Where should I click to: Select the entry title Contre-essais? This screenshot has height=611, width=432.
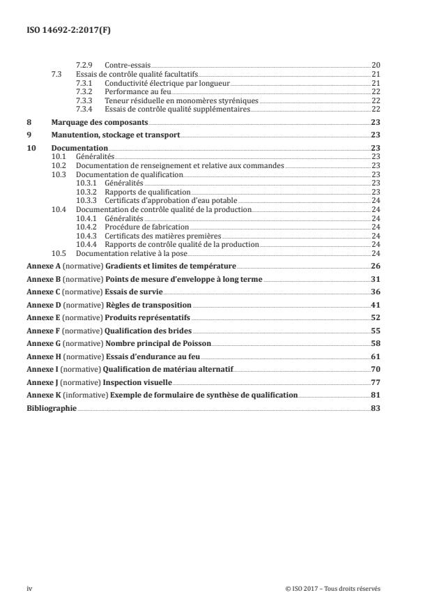point(128,65)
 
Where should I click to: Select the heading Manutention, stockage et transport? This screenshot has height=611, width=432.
point(116,135)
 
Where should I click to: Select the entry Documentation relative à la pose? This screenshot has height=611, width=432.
point(125,253)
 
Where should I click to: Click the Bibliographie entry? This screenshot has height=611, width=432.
point(52,409)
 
